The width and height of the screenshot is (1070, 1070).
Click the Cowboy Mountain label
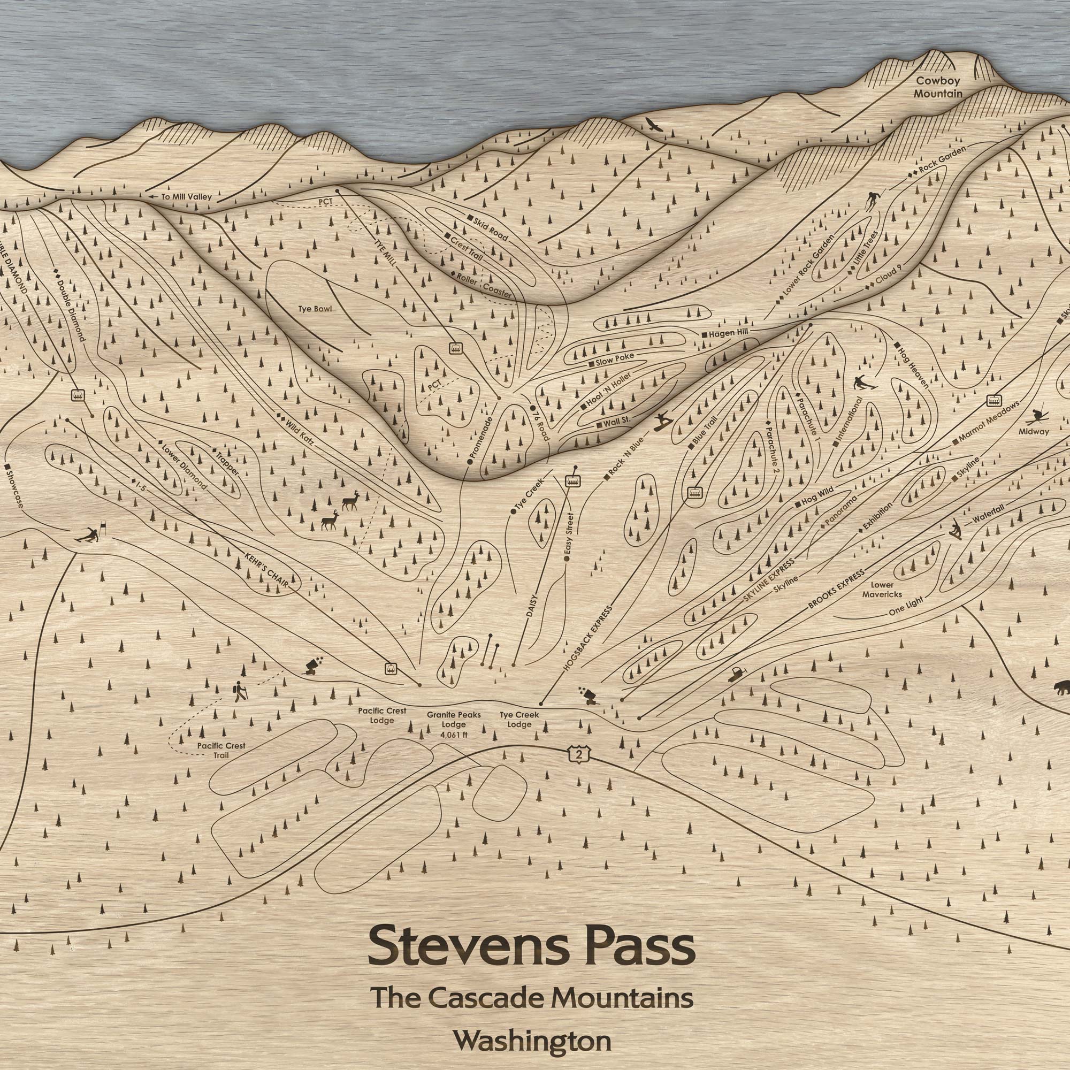(938, 87)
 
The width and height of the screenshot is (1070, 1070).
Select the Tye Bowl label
(315, 309)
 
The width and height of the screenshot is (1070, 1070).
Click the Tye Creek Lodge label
(519, 720)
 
